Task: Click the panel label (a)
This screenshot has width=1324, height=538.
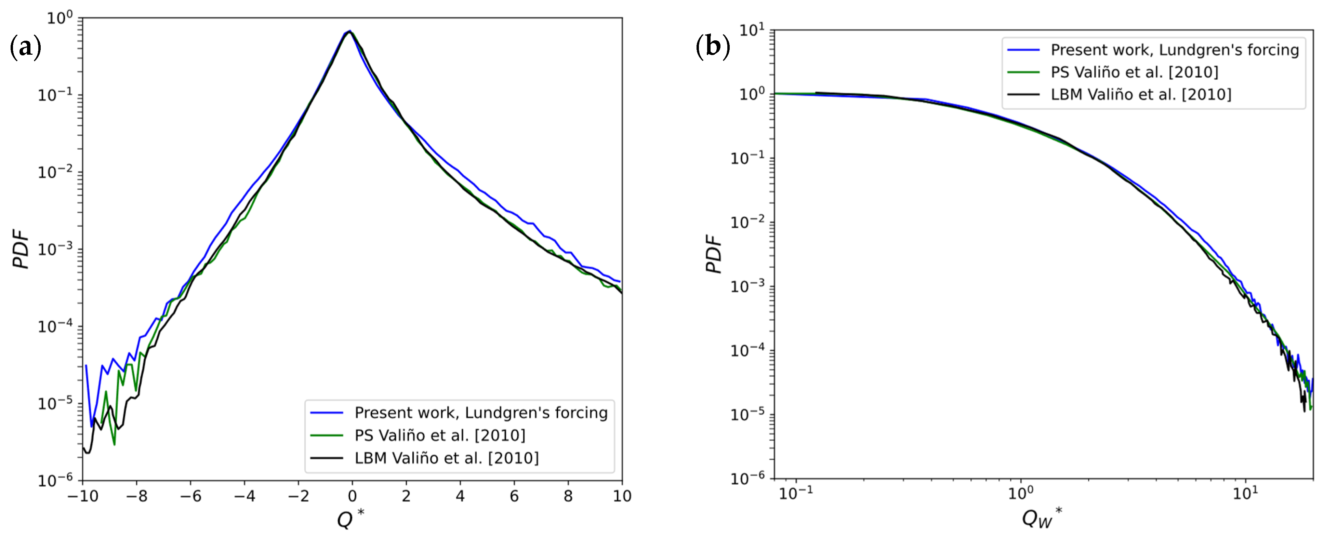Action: (26, 48)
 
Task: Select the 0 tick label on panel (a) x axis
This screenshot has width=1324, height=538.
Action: (352, 496)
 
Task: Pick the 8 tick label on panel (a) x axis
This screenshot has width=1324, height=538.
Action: (568, 496)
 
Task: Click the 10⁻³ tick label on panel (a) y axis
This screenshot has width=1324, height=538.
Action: (55, 249)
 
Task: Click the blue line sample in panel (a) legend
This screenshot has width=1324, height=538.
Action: (327, 413)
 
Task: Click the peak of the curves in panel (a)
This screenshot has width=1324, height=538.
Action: (349, 32)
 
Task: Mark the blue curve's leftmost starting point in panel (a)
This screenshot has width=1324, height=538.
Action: (86, 365)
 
